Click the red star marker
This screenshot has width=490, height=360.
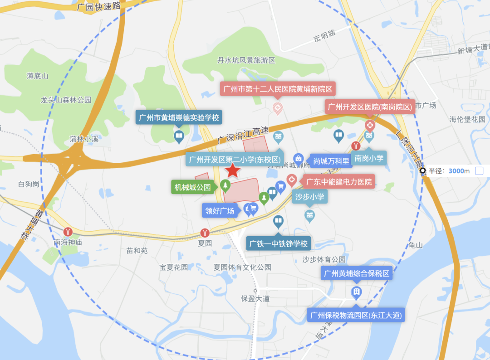[233, 170]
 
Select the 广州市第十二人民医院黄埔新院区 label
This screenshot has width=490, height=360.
[277, 89]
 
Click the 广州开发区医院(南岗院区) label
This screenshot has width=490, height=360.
[370, 107]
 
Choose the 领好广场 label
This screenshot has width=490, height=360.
[220, 210]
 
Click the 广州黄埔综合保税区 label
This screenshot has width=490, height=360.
[356, 273]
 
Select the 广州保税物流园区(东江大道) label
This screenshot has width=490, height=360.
[356, 315]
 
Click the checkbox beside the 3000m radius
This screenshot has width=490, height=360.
[480, 171]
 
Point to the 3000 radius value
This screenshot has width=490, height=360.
[456, 171]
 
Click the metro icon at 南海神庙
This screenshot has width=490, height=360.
[68, 232]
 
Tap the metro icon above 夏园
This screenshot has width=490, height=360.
[205, 233]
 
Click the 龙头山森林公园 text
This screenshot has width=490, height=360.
[66, 100]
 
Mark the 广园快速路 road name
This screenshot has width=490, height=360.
[99, 6]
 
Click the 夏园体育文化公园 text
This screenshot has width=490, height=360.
[242, 267]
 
